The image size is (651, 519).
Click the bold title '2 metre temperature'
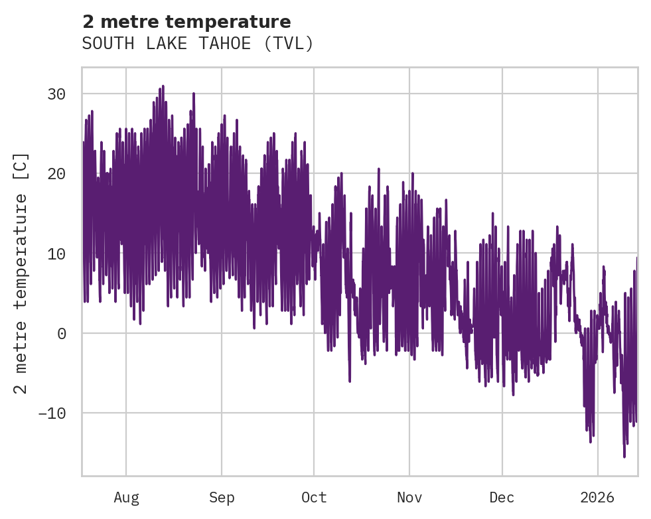[x=186, y=22]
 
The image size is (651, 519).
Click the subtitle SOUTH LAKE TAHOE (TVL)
[x=197, y=44]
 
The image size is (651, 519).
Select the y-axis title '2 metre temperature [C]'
[x=22, y=273]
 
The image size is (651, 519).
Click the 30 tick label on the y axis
[x=56, y=94]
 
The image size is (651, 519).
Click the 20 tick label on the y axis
[x=56, y=174]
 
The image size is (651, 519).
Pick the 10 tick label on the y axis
[x=56, y=254]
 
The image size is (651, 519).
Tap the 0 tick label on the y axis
[x=61, y=333]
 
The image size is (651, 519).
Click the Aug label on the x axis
[x=126, y=497]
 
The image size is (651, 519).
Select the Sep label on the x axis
[x=222, y=497]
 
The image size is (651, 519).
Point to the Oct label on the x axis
[x=314, y=497]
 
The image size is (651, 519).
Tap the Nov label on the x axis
[x=409, y=497]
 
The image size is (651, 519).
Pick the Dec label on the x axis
[x=502, y=497]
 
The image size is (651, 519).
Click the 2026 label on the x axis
[x=598, y=497]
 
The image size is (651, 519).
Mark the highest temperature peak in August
[x=163, y=86]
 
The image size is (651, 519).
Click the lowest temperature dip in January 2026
[x=624, y=457]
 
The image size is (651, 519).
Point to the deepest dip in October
[x=349, y=382]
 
